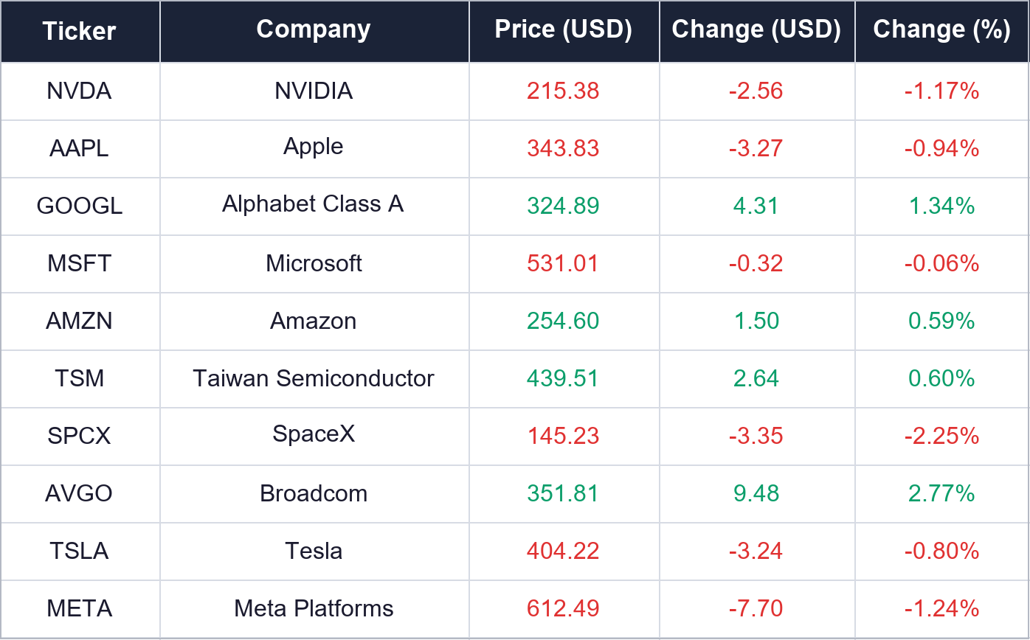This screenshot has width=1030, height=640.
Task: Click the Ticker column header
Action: [79, 31]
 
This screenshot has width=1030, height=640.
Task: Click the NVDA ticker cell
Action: [79, 91]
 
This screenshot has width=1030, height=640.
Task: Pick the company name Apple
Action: [313, 147]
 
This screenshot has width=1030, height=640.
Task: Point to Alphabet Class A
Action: [313, 204]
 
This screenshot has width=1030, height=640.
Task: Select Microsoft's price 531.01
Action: [563, 263]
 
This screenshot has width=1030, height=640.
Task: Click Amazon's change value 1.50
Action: [756, 321]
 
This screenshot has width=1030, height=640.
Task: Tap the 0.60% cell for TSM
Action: [941, 378]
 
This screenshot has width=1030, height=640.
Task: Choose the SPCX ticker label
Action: [79, 436]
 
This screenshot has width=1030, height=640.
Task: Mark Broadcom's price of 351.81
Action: [563, 493]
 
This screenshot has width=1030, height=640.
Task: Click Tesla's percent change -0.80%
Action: [941, 551]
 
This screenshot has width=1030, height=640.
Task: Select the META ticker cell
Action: [79, 608]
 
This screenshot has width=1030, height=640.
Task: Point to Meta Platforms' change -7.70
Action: [756, 608]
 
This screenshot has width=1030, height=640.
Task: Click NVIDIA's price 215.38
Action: [563, 91]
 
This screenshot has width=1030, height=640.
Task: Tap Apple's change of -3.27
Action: [756, 148]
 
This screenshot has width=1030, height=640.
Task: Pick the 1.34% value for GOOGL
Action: [941, 206]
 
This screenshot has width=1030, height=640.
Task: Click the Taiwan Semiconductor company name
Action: [313, 378]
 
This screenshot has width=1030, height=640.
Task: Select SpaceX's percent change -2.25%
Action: [941, 436]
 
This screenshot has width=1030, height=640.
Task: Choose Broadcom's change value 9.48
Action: [756, 493]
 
